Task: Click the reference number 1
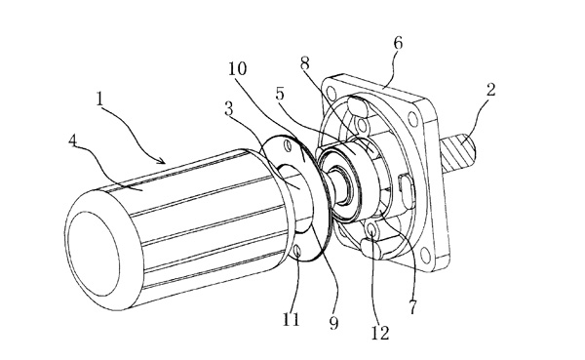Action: click(99, 99)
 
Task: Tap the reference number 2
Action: click(491, 90)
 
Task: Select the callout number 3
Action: click(229, 108)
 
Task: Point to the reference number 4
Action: click(73, 140)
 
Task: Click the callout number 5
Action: click(280, 94)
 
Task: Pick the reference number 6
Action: click(398, 43)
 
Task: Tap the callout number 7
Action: click(412, 307)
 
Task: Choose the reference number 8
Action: click(305, 63)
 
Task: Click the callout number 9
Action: click(333, 323)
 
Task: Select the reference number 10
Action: click(238, 68)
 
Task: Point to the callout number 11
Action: click(291, 319)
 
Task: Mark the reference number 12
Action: click(380, 333)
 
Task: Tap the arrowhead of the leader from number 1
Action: click(163, 161)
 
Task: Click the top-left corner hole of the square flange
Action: click(330, 92)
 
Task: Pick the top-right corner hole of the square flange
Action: click(412, 119)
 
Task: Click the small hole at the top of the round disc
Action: click(287, 145)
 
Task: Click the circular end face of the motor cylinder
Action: click(94, 254)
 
